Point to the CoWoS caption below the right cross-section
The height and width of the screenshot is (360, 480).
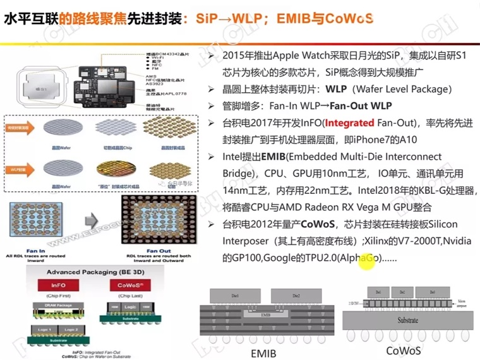click(404, 350)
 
